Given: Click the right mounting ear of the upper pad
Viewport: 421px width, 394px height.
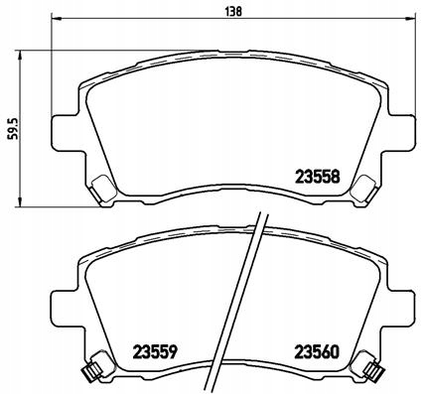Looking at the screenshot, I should tap(400, 131).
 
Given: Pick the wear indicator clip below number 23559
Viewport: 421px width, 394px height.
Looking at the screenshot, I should tap(88, 372).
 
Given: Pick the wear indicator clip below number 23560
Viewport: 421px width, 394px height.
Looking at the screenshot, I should tap(373, 372).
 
